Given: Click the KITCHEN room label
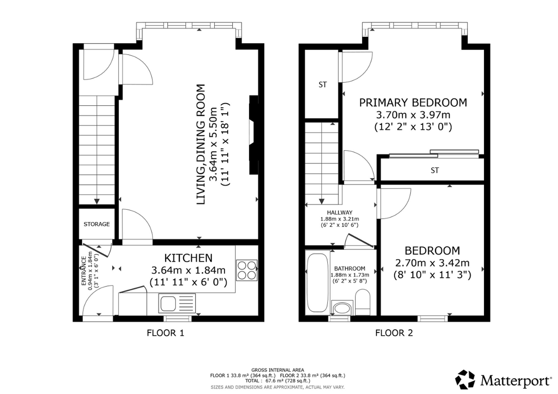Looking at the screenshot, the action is pos(188,258).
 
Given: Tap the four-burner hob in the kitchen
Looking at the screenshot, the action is pos(247,270).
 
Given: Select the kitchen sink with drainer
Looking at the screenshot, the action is pos(177,304).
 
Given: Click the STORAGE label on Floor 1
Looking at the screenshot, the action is pos(97,224).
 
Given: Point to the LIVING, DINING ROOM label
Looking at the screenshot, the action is pos(201,144).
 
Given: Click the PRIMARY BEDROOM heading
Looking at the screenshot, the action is pos(413,103).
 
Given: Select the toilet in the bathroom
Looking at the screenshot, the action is pos(363,302).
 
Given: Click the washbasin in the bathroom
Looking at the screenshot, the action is pos(342,308).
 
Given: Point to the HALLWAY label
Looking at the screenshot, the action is pos(340,213).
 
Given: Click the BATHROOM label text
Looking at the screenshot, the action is pos(350,268).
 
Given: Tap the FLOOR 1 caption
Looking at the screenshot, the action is pos(165,333).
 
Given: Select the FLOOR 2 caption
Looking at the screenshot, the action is pos(394,333).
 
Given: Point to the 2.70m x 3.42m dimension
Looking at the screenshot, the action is pos(432,263).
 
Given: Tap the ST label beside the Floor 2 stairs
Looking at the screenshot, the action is pos(323,85).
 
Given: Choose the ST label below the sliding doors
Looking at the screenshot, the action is pos(435,170).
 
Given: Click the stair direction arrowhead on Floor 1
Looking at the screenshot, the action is pos(97,201).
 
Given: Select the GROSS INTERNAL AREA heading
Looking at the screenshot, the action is pos(278,370).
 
